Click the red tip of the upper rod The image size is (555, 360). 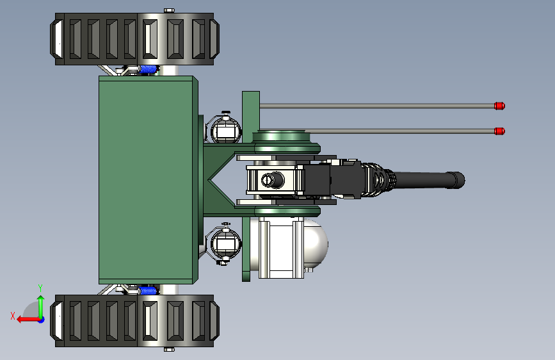499,106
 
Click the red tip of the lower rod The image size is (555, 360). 499,131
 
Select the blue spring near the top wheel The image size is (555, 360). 149,69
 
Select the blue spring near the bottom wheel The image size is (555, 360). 149,291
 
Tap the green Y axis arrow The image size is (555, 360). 41,306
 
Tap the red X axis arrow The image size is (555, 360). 28,320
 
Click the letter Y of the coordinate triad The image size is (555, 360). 40,288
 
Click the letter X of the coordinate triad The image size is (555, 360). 13,316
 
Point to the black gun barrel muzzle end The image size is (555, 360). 459,180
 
